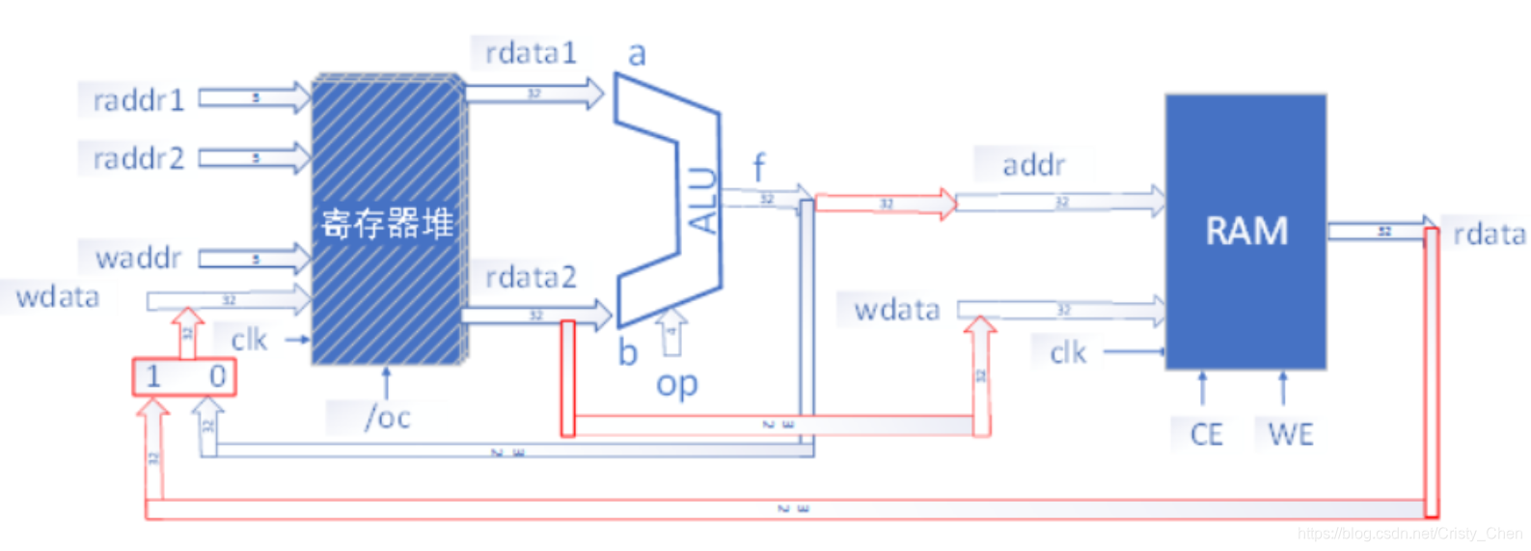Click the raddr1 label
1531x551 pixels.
coord(138,100)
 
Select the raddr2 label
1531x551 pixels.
coord(138,158)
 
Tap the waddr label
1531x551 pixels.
coord(139,258)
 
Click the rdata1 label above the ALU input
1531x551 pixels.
coord(530,53)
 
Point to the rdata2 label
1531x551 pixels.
coord(530,278)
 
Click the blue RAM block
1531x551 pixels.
coord(1245,232)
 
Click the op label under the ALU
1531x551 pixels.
coord(676,384)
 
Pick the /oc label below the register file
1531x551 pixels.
coord(388,418)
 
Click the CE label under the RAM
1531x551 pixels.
coord(1206,434)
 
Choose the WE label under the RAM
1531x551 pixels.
coord(1290,434)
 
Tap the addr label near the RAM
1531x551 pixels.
coord(1033,165)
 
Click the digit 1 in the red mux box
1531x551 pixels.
coord(153,376)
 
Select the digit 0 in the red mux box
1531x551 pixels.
coord(217,376)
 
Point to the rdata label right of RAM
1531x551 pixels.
coord(1489,234)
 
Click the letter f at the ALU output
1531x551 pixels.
coord(758,168)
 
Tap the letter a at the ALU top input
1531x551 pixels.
coord(637,54)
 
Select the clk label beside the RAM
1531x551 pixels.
coord(1068,353)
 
